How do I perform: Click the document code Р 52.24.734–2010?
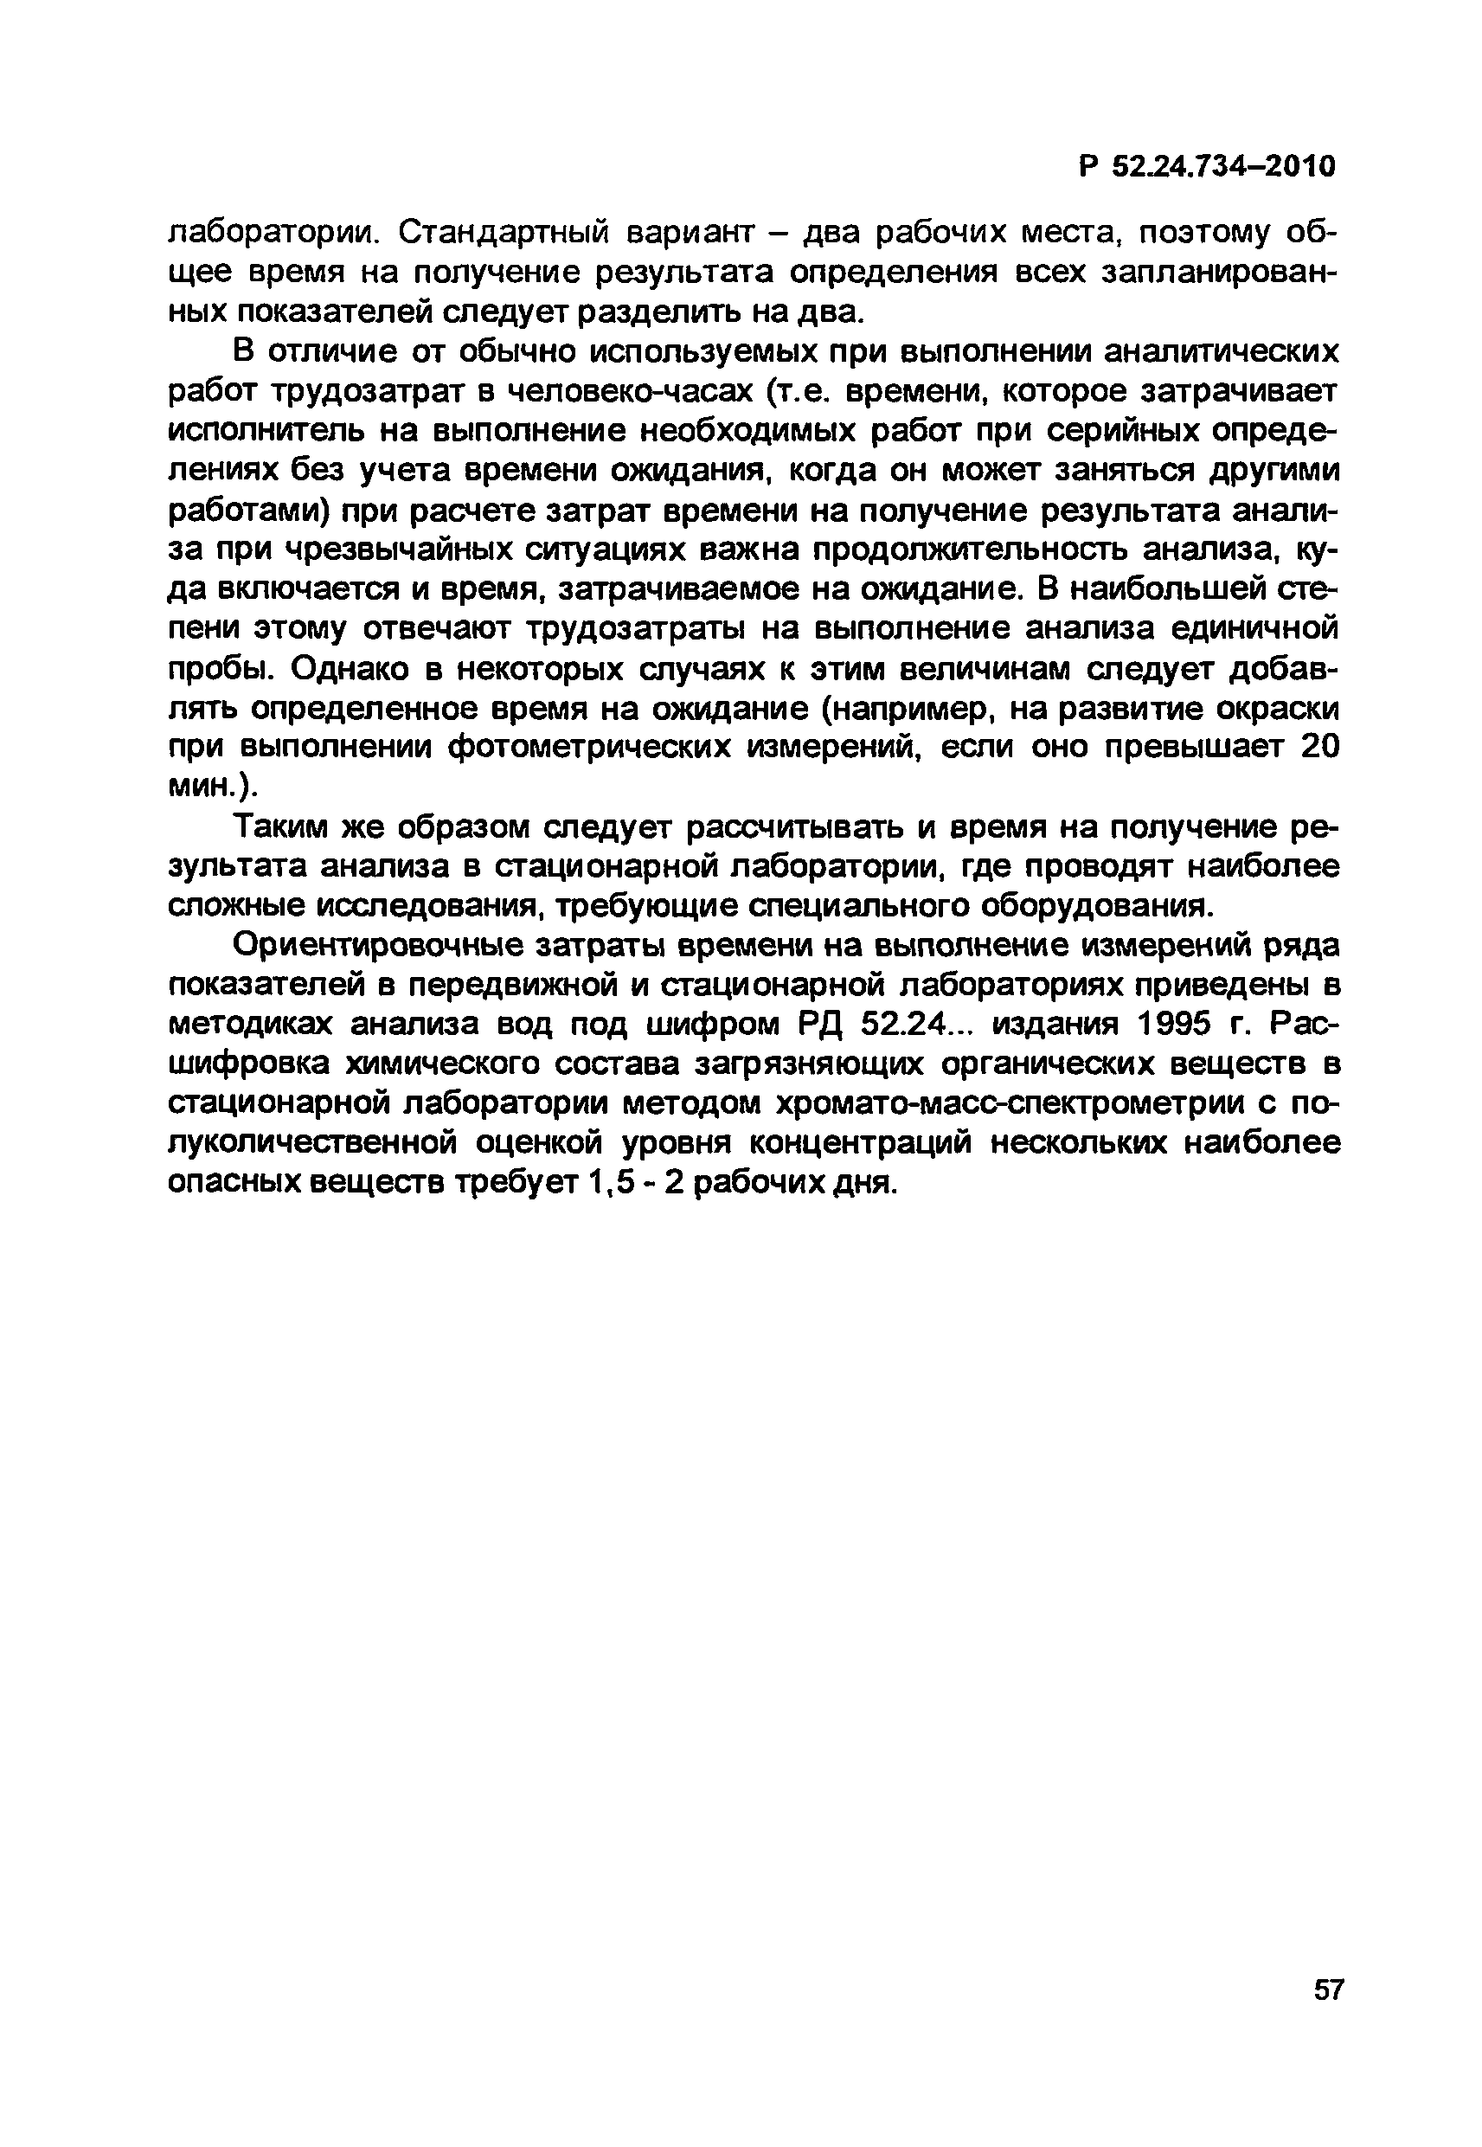1207,167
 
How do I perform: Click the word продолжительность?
971,551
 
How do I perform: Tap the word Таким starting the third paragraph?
278,827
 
